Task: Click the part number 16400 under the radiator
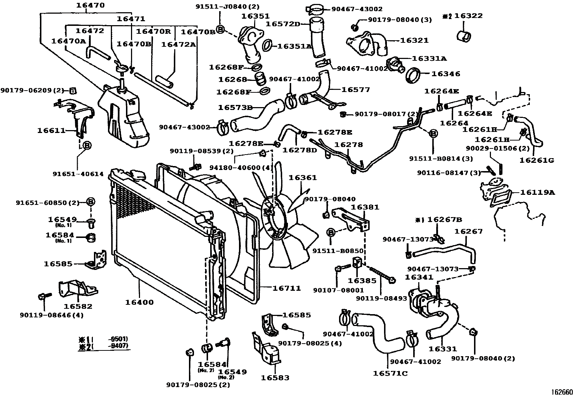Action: (139, 302)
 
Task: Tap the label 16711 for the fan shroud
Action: (286, 288)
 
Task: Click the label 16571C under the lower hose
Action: (390, 373)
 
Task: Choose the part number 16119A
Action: (537, 192)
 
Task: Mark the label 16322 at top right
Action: (468, 16)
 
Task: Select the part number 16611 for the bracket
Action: (51, 130)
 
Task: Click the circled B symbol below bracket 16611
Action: (87, 146)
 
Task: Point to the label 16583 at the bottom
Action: (275, 377)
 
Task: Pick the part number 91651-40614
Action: (78, 174)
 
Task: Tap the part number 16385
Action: (362, 281)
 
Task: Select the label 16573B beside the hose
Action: (235, 107)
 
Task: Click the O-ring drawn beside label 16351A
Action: (267, 46)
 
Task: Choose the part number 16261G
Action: (537, 160)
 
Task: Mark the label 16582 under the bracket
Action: (78, 307)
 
